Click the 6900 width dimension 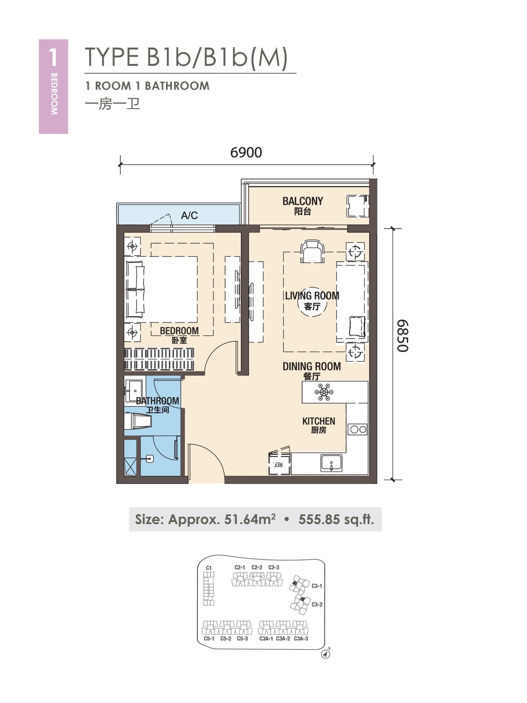[246, 153]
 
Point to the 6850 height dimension [402, 336]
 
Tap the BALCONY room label [303, 201]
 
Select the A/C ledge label [189, 216]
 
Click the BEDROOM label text [179, 331]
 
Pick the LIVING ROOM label [312, 296]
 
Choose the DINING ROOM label [312, 366]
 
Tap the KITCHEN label [319, 421]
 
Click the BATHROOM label [157, 401]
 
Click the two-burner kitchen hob [358, 429]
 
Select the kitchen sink [331, 463]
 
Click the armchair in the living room [312, 251]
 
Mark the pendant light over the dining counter [324, 392]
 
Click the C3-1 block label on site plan [317, 586]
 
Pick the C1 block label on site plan [208, 568]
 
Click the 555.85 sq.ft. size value [336, 520]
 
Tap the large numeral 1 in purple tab [53, 58]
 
